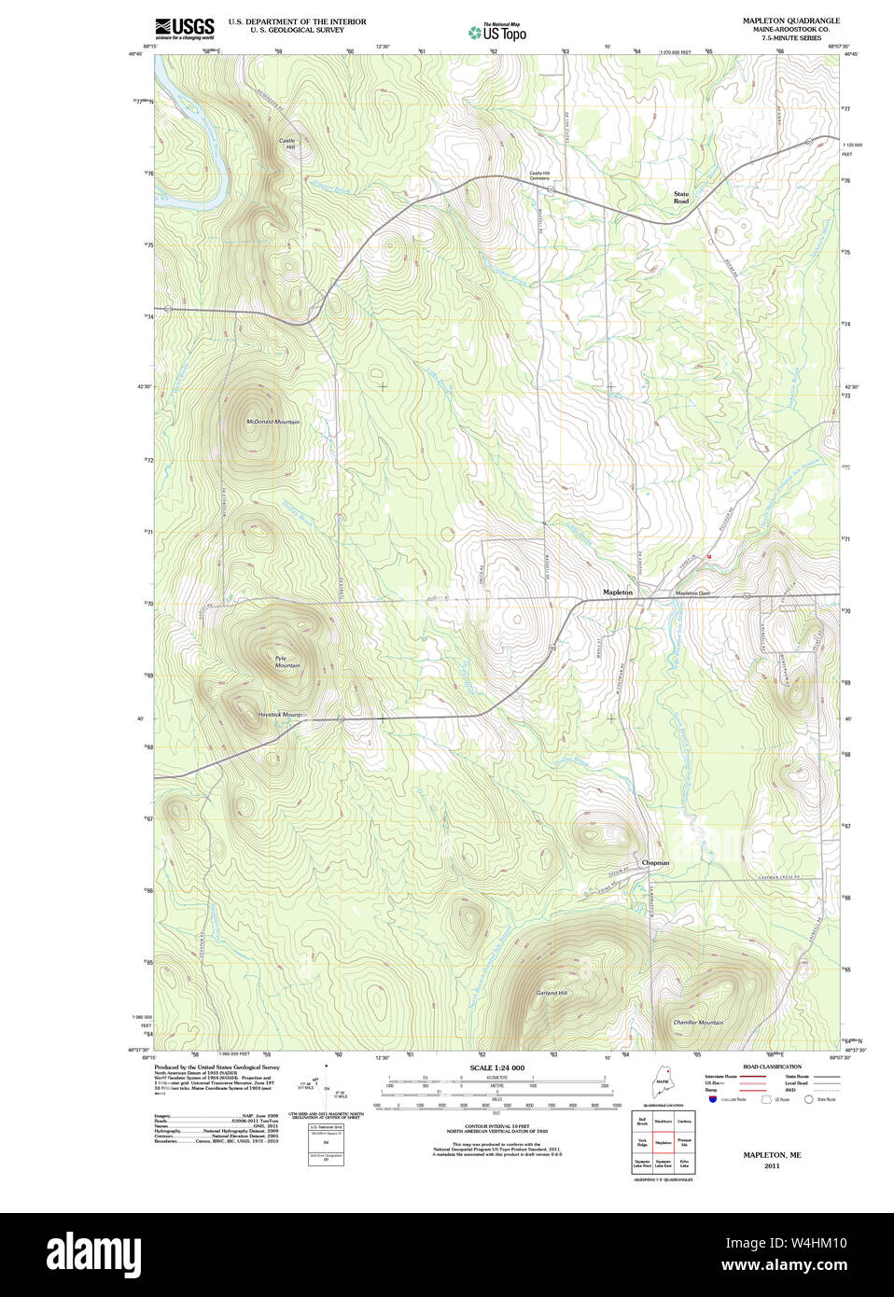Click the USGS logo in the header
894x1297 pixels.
tap(184, 27)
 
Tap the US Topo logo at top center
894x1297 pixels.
tap(497, 32)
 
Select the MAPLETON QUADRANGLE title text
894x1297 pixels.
tap(790, 21)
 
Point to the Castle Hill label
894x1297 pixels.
tap(286, 145)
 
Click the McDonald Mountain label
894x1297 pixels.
tap(272, 422)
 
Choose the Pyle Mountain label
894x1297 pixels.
tap(286, 662)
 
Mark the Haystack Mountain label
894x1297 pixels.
tap(281, 715)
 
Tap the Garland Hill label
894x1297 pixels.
tap(552, 993)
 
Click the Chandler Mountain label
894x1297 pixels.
tap(698, 1023)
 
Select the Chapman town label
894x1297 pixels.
tap(655, 863)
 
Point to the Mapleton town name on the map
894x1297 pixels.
tap(617, 593)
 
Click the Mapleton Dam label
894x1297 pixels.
tap(692, 593)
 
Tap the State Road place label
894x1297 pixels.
tap(681, 198)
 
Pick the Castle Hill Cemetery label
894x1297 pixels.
tap(540, 175)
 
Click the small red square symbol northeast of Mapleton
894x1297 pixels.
tap(709, 556)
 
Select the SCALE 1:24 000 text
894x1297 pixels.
tap(496, 1067)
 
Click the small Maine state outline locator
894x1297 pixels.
tap(664, 1086)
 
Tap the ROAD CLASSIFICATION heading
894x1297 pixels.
tap(772, 1067)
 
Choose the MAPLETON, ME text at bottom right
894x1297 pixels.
tap(772, 1155)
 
